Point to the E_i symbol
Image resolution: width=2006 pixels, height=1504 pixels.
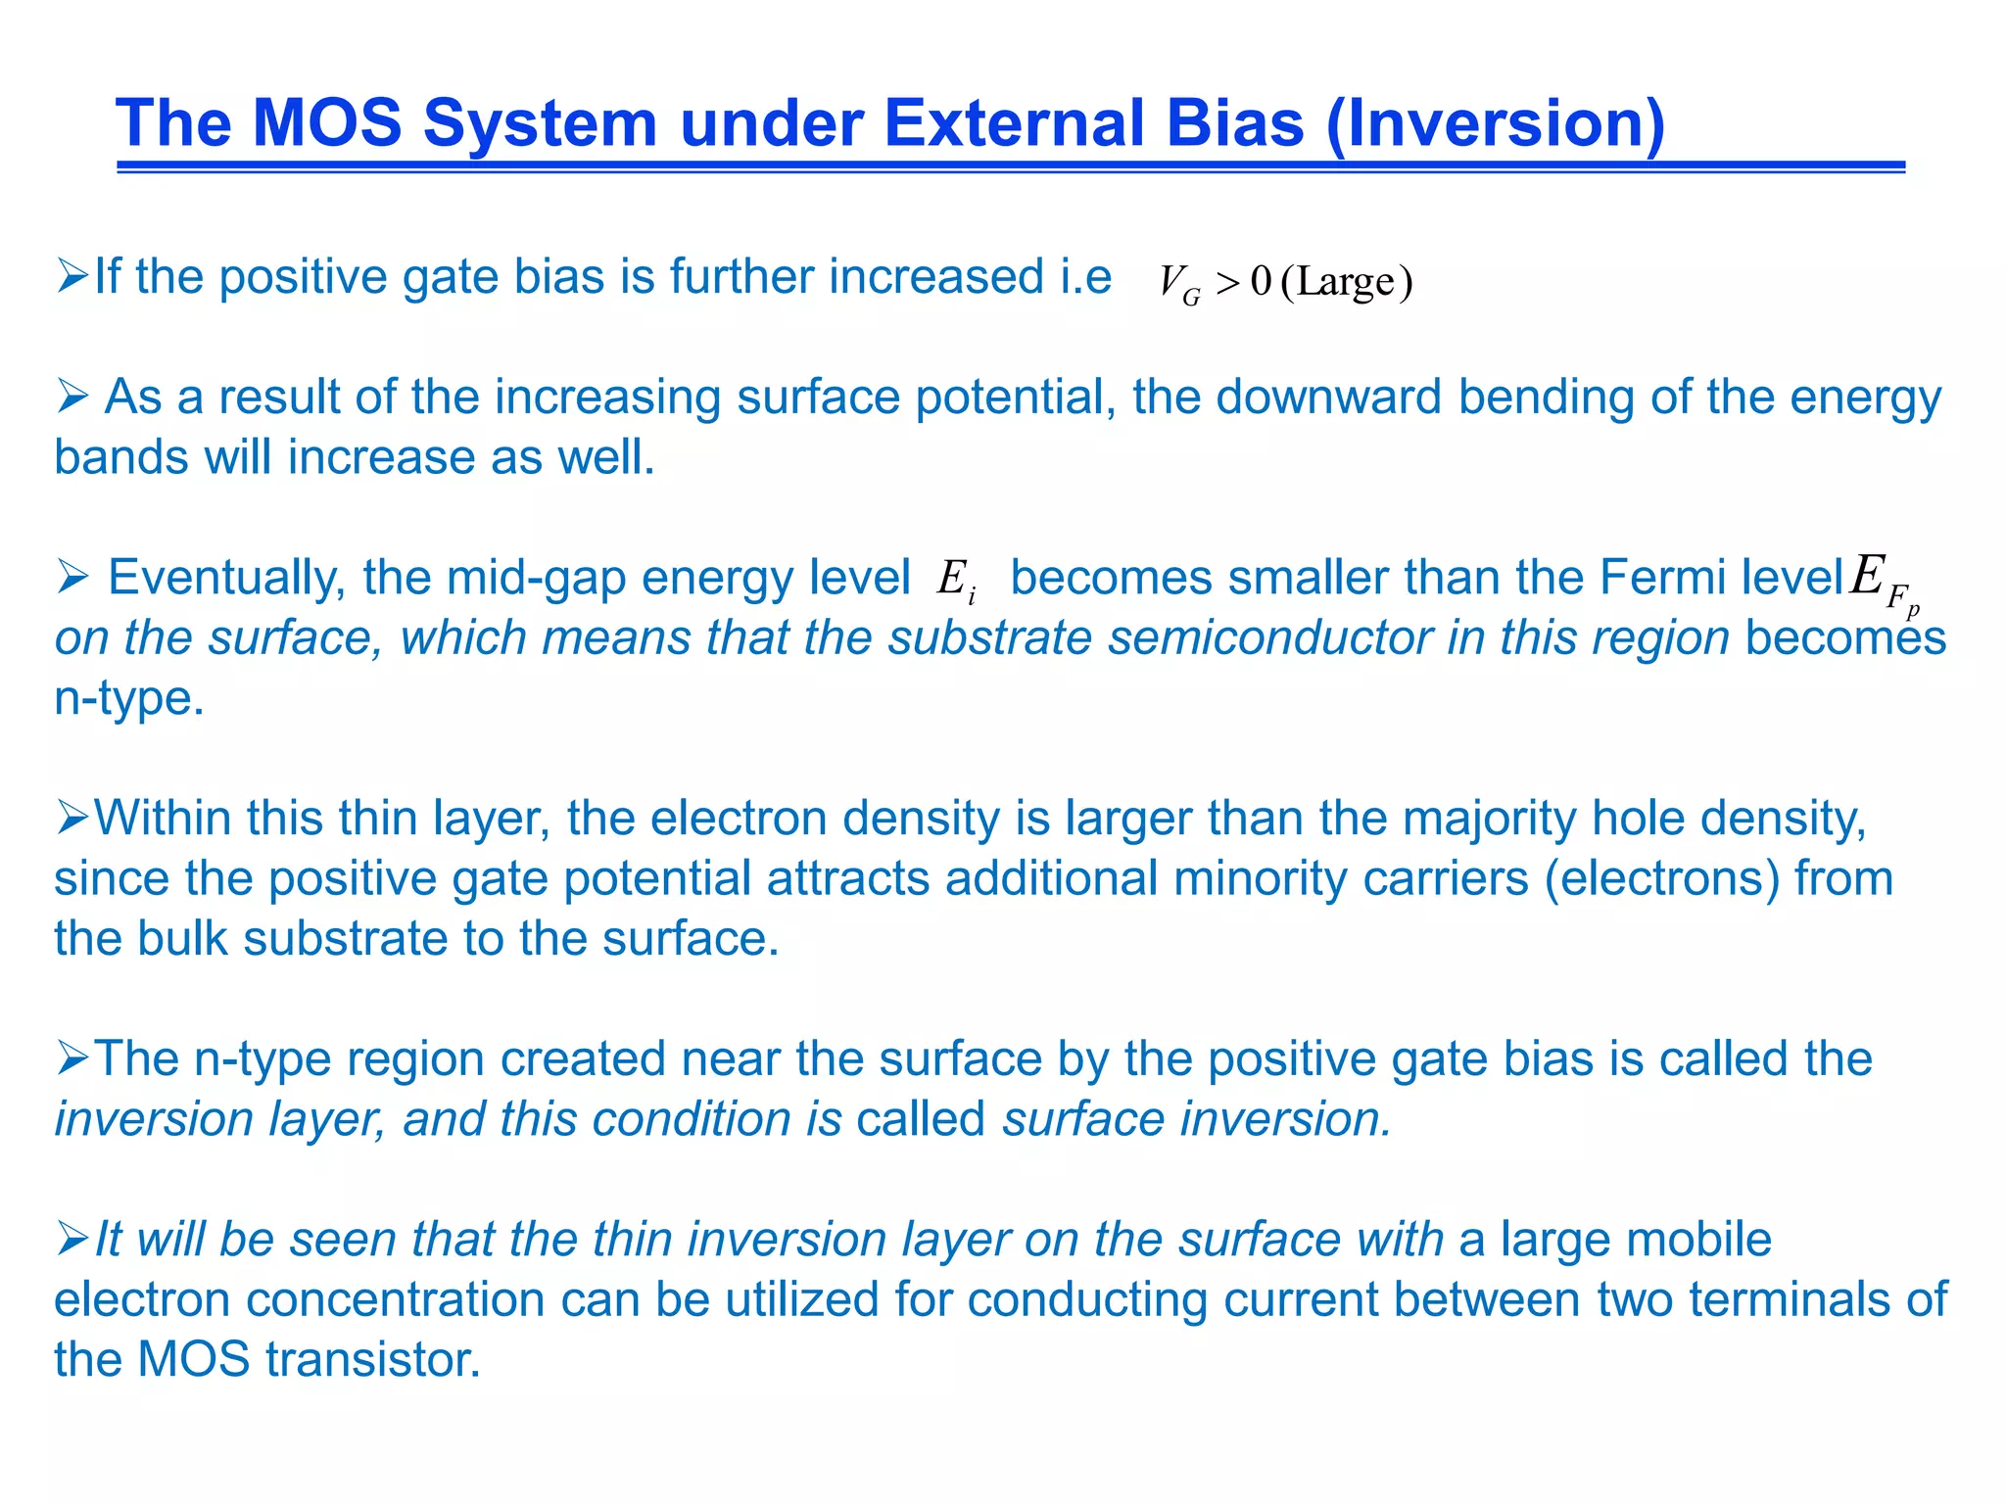pyautogui.click(x=956, y=579)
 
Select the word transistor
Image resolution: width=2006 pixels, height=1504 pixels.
pyautogui.click(x=373, y=1360)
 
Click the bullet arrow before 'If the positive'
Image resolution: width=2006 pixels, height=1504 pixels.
pyautogui.click(x=72, y=277)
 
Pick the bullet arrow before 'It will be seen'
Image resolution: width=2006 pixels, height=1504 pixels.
pyautogui.click(x=72, y=1240)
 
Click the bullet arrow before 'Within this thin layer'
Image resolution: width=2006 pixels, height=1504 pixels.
pyautogui.click(x=72, y=819)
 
